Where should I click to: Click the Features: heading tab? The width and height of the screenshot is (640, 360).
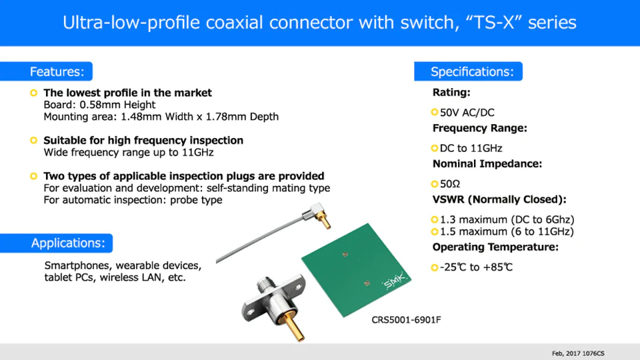tap(46, 71)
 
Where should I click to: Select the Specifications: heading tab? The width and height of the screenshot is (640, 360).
tap(468, 71)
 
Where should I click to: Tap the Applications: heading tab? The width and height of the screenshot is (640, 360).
tap(56, 243)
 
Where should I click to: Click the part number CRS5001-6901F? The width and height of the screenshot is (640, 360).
tap(406, 319)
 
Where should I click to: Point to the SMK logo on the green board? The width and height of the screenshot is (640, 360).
tap(394, 281)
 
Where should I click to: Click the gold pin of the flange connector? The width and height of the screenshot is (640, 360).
tap(294, 327)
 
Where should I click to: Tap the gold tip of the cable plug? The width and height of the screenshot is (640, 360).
tap(326, 222)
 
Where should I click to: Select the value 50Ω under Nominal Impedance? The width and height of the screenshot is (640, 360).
tap(450, 184)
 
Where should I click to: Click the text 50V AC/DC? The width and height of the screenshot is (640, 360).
tap(467, 113)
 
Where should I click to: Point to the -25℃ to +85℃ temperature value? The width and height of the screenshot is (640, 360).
tap(476, 267)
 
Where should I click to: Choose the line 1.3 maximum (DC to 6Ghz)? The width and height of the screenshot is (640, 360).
tap(507, 219)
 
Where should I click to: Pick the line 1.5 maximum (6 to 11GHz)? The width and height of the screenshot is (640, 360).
tap(507, 231)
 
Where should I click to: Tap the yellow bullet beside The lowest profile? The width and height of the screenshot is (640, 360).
tap(34, 93)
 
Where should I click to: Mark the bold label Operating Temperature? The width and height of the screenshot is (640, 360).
tap(495, 247)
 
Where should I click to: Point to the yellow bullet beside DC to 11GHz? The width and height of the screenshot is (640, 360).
tap(435, 148)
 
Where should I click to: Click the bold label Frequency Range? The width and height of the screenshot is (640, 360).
tap(480, 128)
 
